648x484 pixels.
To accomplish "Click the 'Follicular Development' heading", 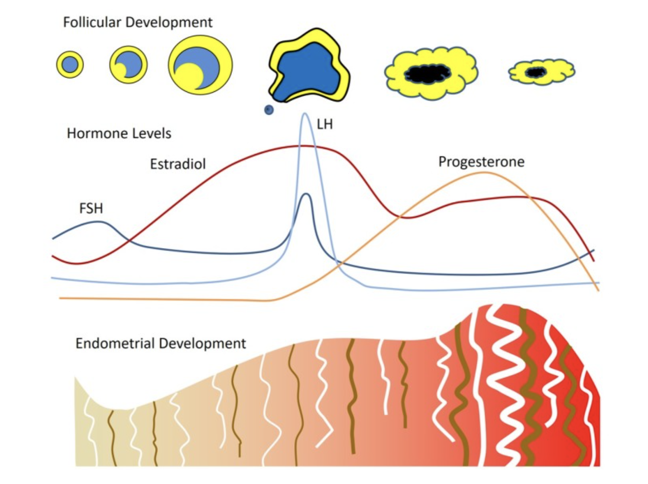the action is coord(138,23).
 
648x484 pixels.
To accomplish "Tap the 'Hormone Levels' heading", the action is coord(119,133).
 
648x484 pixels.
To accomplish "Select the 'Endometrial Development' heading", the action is coord(161,343).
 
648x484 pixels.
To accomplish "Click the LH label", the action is coord(325,125).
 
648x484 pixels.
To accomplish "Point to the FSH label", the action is coord(91,209).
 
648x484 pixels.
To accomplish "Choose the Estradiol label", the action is coord(178,164).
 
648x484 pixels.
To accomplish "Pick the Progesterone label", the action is coord(482,162).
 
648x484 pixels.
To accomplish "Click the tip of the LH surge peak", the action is coord(305,113).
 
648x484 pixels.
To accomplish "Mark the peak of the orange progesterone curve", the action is coord(484,173).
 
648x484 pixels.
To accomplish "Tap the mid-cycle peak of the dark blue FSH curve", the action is coord(307,194).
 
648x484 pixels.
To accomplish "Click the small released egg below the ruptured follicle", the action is coord(269,110).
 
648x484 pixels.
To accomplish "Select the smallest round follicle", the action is coord(70,65).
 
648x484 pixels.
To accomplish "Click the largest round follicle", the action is coord(201,65).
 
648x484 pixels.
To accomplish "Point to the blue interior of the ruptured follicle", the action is coord(307,71).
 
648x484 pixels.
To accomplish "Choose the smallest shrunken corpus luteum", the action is coord(542,72).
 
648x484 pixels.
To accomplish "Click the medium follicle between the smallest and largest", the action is coord(128,65).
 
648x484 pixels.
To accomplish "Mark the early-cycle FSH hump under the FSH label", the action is coord(99,222).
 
